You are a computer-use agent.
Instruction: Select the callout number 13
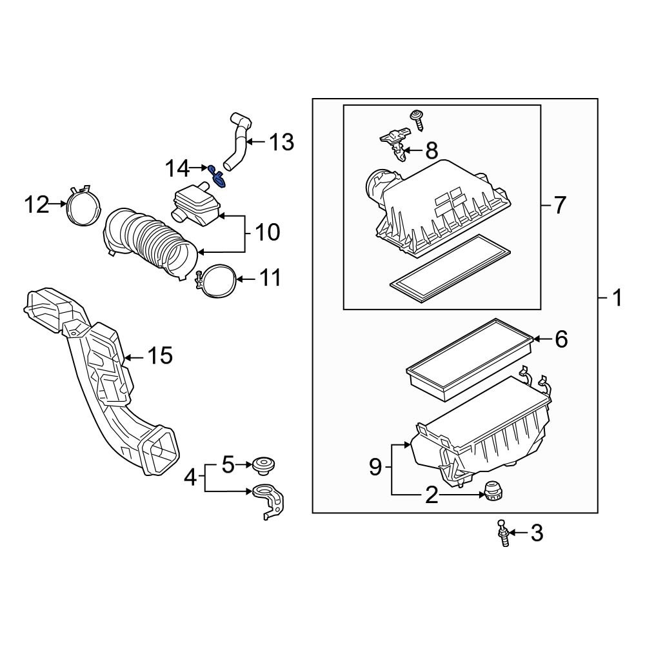click(x=281, y=142)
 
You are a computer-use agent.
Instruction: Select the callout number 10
click(x=268, y=232)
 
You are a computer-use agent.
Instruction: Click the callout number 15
click(x=160, y=355)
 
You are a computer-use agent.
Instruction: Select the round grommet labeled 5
click(x=263, y=464)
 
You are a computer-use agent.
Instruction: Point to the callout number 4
click(x=190, y=478)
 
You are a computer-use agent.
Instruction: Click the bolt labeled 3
click(x=502, y=533)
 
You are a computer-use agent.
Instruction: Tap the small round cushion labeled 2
click(x=493, y=491)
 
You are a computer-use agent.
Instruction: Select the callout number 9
click(x=376, y=468)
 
